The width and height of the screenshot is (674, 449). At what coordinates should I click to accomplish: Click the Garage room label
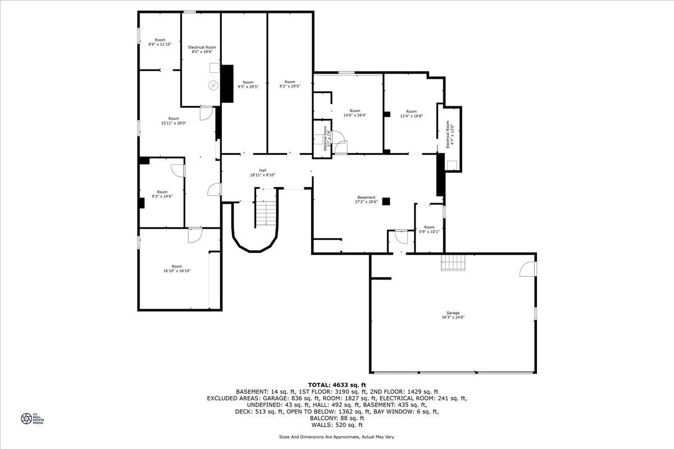tap(453, 315)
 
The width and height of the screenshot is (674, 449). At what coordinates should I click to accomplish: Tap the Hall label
tap(262, 173)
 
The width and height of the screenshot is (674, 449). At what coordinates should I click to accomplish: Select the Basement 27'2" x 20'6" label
tap(366, 199)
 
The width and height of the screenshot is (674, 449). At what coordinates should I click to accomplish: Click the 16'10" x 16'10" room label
tap(177, 268)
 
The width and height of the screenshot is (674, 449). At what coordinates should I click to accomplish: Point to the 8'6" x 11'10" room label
tap(160, 42)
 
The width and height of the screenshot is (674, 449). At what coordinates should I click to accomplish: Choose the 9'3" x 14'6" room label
tap(162, 194)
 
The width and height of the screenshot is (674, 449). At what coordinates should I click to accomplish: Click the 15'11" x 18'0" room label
tap(174, 121)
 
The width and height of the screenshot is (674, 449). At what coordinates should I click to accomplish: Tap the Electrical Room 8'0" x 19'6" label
tap(202, 50)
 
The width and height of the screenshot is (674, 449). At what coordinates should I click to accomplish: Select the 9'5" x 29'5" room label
tap(248, 84)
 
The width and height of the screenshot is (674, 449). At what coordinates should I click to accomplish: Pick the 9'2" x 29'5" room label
tap(290, 84)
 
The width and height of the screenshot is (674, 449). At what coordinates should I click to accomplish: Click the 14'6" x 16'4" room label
tap(355, 113)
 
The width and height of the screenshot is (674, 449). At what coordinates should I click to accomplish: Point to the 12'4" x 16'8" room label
tap(412, 113)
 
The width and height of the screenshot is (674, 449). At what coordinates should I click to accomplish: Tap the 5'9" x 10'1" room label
tap(429, 229)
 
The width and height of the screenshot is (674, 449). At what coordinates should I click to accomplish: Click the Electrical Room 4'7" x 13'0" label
tap(450, 135)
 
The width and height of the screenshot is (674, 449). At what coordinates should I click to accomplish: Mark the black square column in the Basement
tap(386, 201)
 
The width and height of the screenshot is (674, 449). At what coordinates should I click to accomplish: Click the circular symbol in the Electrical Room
tap(213, 85)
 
